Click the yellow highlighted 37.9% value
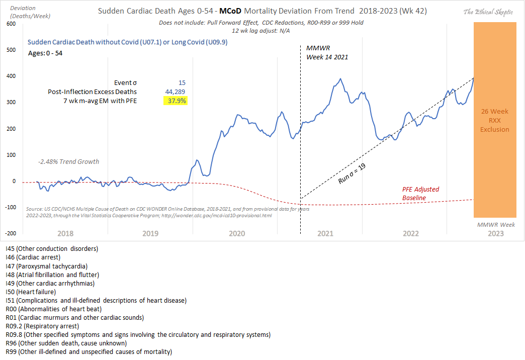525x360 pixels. click(x=176, y=101)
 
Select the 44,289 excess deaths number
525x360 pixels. click(x=176, y=92)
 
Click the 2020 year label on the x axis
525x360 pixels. click(x=236, y=234)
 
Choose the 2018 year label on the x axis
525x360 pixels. click(x=66, y=234)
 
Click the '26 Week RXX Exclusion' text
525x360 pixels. click(x=494, y=121)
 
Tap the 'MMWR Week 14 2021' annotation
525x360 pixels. click(x=327, y=52)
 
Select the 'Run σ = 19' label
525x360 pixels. click(x=352, y=172)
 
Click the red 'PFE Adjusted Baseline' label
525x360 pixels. click(x=420, y=194)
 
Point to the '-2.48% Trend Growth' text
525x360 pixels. click(x=68, y=162)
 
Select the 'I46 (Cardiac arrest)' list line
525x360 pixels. click(x=33, y=257)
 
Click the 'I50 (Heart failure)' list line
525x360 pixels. click(x=31, y=292)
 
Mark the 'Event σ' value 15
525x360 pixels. click(x=182, y=83)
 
